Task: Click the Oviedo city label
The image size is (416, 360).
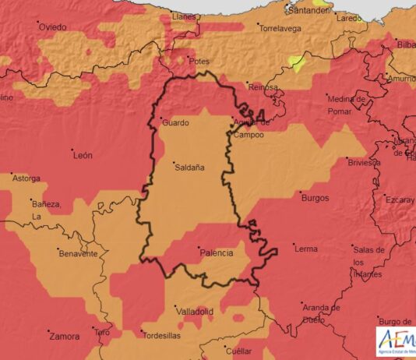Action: [53, 27]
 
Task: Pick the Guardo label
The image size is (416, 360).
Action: [175, 123]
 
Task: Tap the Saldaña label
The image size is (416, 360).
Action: [189, 168]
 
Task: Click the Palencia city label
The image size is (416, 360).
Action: [217, 253]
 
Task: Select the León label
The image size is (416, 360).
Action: [83, 156]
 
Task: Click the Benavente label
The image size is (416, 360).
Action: [78, 254]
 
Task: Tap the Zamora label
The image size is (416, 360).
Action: [64, 337]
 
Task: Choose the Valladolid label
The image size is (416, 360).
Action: [195, 312]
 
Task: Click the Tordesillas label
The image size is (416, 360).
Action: [163, 336]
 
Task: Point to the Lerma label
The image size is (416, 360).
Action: [305, 249]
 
